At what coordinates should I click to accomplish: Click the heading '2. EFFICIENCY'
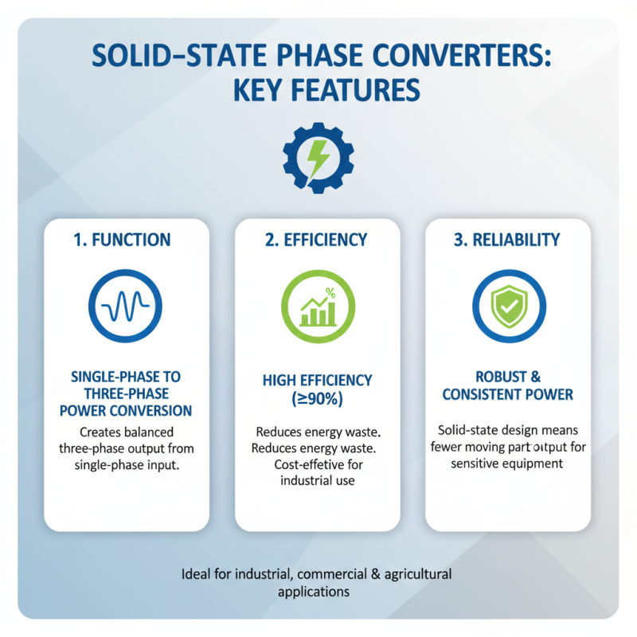point(318,240)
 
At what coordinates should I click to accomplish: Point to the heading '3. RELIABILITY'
point(507,240)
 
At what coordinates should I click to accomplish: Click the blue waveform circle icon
point(126,307)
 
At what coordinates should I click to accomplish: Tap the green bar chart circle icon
point(318,307)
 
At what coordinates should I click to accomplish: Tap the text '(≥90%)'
point(318,399)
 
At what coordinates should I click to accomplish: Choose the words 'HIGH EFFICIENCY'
point(318,381)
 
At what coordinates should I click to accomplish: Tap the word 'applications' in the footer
point(314,592)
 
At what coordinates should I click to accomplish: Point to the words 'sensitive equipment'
point(507,463)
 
